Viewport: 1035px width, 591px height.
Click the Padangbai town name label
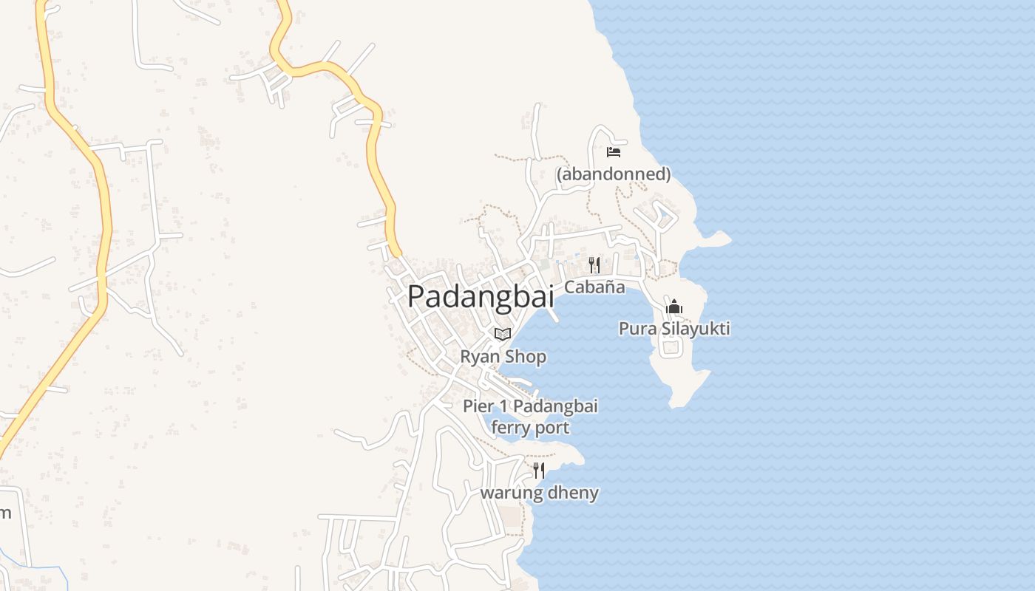(x=481, y=296)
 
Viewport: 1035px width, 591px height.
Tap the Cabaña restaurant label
(x=594, y=287)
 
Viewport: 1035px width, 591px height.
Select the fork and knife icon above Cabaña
(x=594, y=264)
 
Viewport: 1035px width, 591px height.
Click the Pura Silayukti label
(x=674, y=328)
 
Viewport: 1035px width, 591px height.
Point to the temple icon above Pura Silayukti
(x=674, y=307)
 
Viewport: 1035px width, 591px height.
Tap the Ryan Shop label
(x=503, y=357)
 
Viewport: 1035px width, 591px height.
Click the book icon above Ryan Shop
(x=503, y=334)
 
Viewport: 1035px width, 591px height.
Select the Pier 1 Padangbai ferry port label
(x=530, y=417)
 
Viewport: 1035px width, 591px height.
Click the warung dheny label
(x=540, y=493)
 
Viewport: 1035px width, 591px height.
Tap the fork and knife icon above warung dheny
(x=539, y=471)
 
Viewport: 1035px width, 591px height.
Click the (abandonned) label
(x=614, y=174)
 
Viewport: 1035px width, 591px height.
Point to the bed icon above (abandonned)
(x=614, y=152)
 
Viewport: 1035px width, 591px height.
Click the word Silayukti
(x=693, y=328)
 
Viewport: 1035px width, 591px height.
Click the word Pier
(x=477, y=406)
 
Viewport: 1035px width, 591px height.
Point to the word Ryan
(x=479, y=357)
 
